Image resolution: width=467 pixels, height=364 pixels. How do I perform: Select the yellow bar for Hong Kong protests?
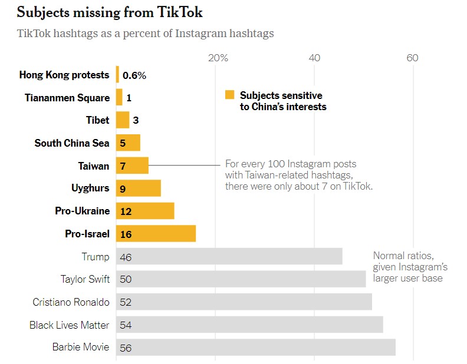118,75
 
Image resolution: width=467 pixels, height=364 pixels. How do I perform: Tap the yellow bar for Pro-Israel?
156,234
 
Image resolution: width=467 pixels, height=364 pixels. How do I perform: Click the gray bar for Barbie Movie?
255,347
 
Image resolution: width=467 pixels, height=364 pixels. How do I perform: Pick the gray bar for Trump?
229,257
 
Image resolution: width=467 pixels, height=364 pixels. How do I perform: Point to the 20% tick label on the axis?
218,58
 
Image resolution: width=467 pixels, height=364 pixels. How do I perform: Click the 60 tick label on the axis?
412,58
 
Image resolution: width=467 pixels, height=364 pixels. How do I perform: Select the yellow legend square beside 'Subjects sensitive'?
229,95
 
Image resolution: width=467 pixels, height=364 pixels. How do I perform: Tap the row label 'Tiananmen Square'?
67,98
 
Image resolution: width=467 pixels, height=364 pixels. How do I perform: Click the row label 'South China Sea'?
72,143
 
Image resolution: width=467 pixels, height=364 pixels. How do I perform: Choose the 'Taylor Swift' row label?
85,279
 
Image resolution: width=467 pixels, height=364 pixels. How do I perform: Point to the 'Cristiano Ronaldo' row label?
71,302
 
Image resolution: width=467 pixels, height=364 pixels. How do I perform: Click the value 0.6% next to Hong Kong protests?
134,75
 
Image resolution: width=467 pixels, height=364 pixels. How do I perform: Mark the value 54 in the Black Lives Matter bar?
126,325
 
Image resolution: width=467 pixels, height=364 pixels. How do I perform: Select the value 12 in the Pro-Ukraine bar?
126,211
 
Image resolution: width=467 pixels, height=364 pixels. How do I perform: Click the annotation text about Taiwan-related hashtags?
299,175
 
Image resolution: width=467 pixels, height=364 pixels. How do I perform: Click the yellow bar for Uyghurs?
139,188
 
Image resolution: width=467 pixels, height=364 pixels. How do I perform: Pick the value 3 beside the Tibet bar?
136,121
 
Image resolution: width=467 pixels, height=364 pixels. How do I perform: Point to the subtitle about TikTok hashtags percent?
146,33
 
